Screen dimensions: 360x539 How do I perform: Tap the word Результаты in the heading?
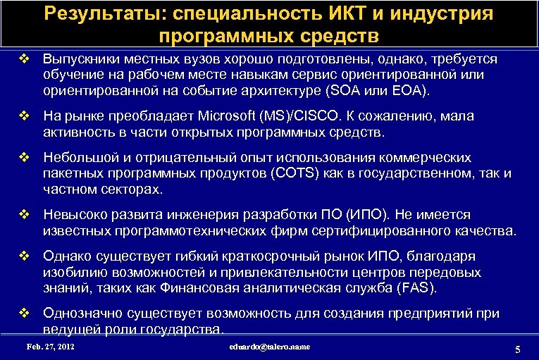click(106, 13)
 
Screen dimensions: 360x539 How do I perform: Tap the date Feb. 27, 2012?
click(50, 347)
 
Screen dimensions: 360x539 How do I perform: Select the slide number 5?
click(518, 350)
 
